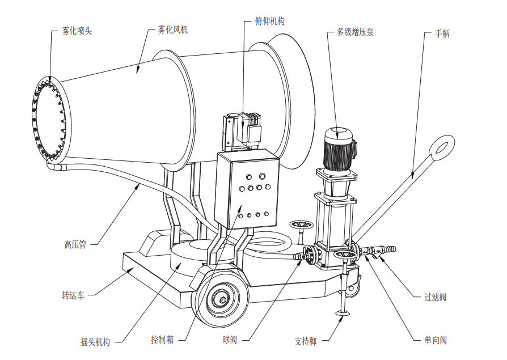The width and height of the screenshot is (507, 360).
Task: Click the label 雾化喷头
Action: click(77, 31)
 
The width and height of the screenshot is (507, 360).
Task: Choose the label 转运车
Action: click(73, 295)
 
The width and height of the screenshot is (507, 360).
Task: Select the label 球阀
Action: click(230, 340)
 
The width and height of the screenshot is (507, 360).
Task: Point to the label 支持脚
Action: click(305, 341)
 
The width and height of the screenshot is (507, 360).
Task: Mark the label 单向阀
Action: click(436, 340)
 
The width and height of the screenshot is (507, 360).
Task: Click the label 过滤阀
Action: click(436, 297)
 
